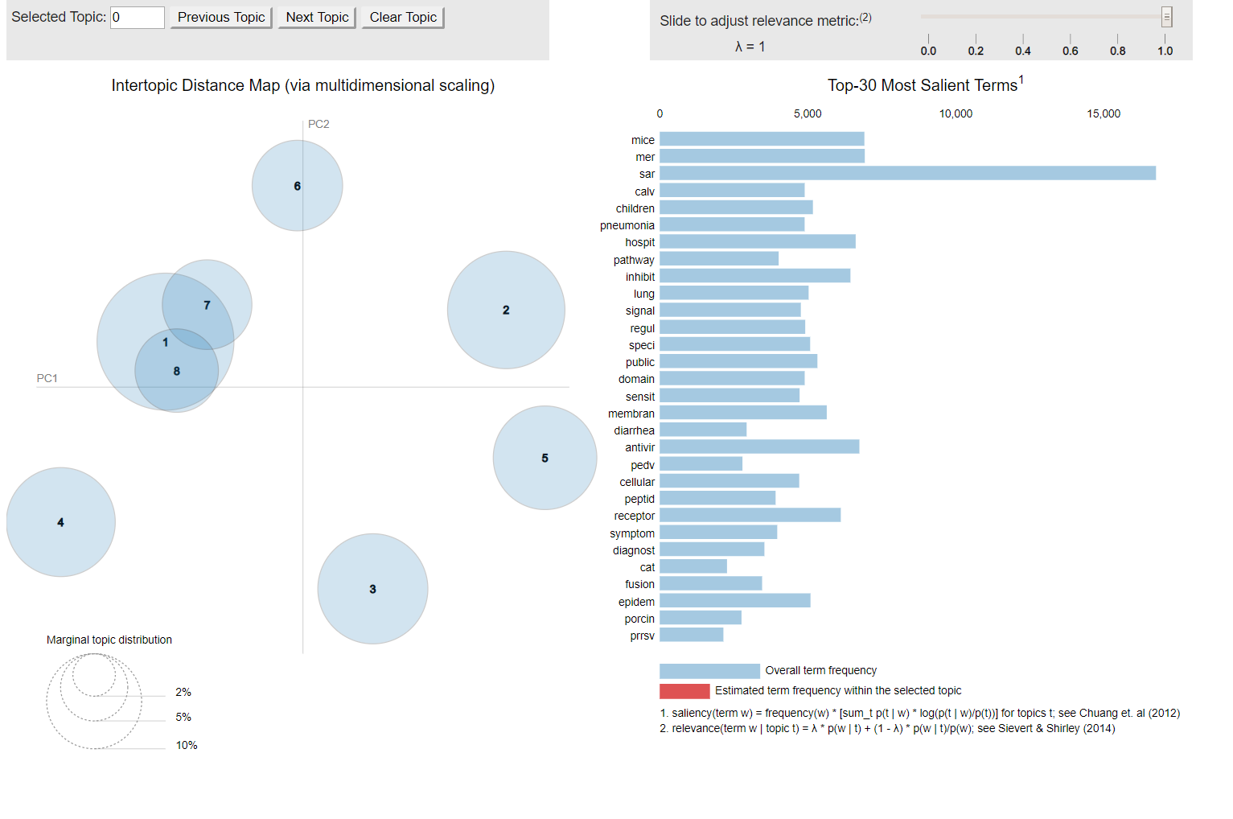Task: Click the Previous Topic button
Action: pyautogui.click(x=221, y=18)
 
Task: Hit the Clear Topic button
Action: pyautogui.click(x=403, y=18)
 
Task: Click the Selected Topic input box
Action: pyautogui.click(x=138, y=18)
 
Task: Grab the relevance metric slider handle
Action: pyautogui.click(x=1166, y=17)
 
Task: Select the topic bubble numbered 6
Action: pyautogui.click(x=297, y=186)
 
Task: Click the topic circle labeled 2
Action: pyautogui.click(x=506, y=310)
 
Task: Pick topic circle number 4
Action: pyautogui.click(x=60, y=522)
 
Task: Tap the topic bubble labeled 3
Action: pyautogui.click(x=372, y=589)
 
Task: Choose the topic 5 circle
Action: pyautogui.click(x=545, y=458)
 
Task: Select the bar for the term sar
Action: pyautogui.click(x=907, y=174)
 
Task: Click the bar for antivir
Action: pyautogui.click(x=759, y=447)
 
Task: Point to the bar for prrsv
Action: pyautogui.click(x=691, y=636)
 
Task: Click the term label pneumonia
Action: pyautogui.click(x=627, y=225)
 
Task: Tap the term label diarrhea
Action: pyautogui.click(x=634, y=430)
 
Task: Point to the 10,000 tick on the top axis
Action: pyautogui.click(x=956, y=114)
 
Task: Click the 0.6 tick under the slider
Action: pyautogui.click(x=1070, y=51)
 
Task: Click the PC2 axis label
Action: pyautogui.click(x=319, y=124)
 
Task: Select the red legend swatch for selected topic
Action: pyautogui.click(x=684, y=691)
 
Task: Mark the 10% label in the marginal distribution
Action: pyautogui.click(x=187, y=746)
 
